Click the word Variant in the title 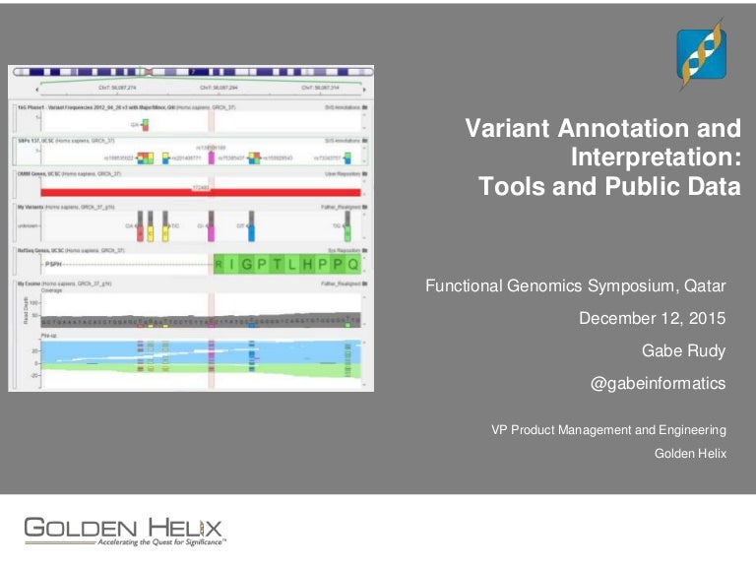point(511,129)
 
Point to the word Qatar point(701,285)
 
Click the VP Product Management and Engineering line point(608,429)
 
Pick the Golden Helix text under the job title point(690,453)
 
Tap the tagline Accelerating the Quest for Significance point(162,542)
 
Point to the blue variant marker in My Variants point(251,233)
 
